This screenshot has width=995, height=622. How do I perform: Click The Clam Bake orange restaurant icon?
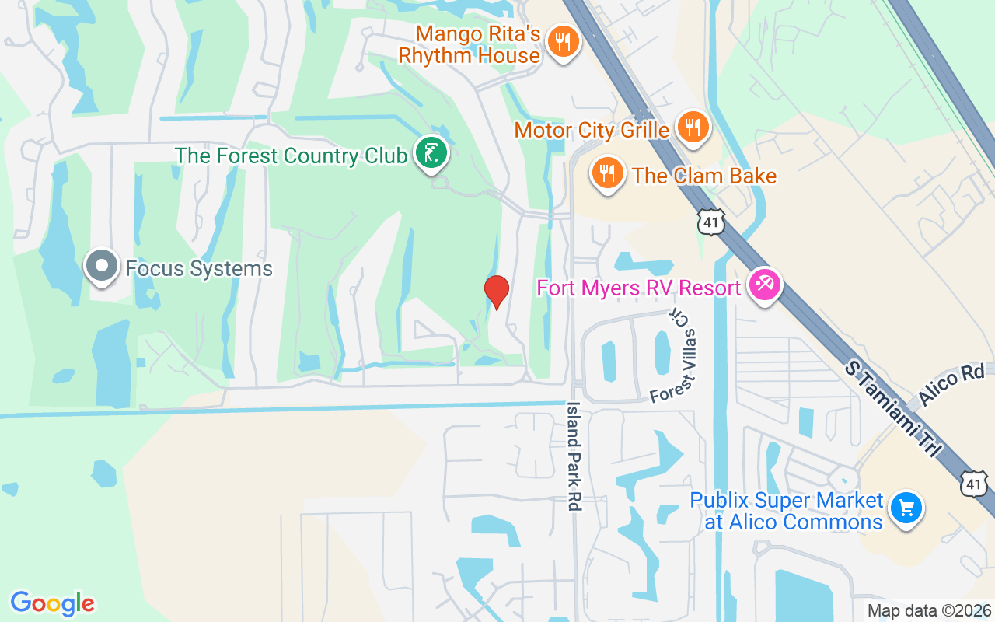[608, 173]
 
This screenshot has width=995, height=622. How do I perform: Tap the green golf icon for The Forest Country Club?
[431, 152]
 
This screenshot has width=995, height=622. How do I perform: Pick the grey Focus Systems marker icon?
[101, 267]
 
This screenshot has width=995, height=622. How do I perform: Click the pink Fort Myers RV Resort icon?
[763, 285]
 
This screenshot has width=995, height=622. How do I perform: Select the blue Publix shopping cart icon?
[906, 509]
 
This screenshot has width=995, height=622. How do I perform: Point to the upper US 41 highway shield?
[711, 222]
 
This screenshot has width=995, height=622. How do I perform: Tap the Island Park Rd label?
[574, 456]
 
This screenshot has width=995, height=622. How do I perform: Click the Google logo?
[52, 603]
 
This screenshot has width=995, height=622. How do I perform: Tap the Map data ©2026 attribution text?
[928, 611]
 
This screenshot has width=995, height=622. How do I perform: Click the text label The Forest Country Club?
[291, 155]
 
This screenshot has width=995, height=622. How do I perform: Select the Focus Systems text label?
[199, 270]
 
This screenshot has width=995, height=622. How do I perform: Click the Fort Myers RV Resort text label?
[638, 288]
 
